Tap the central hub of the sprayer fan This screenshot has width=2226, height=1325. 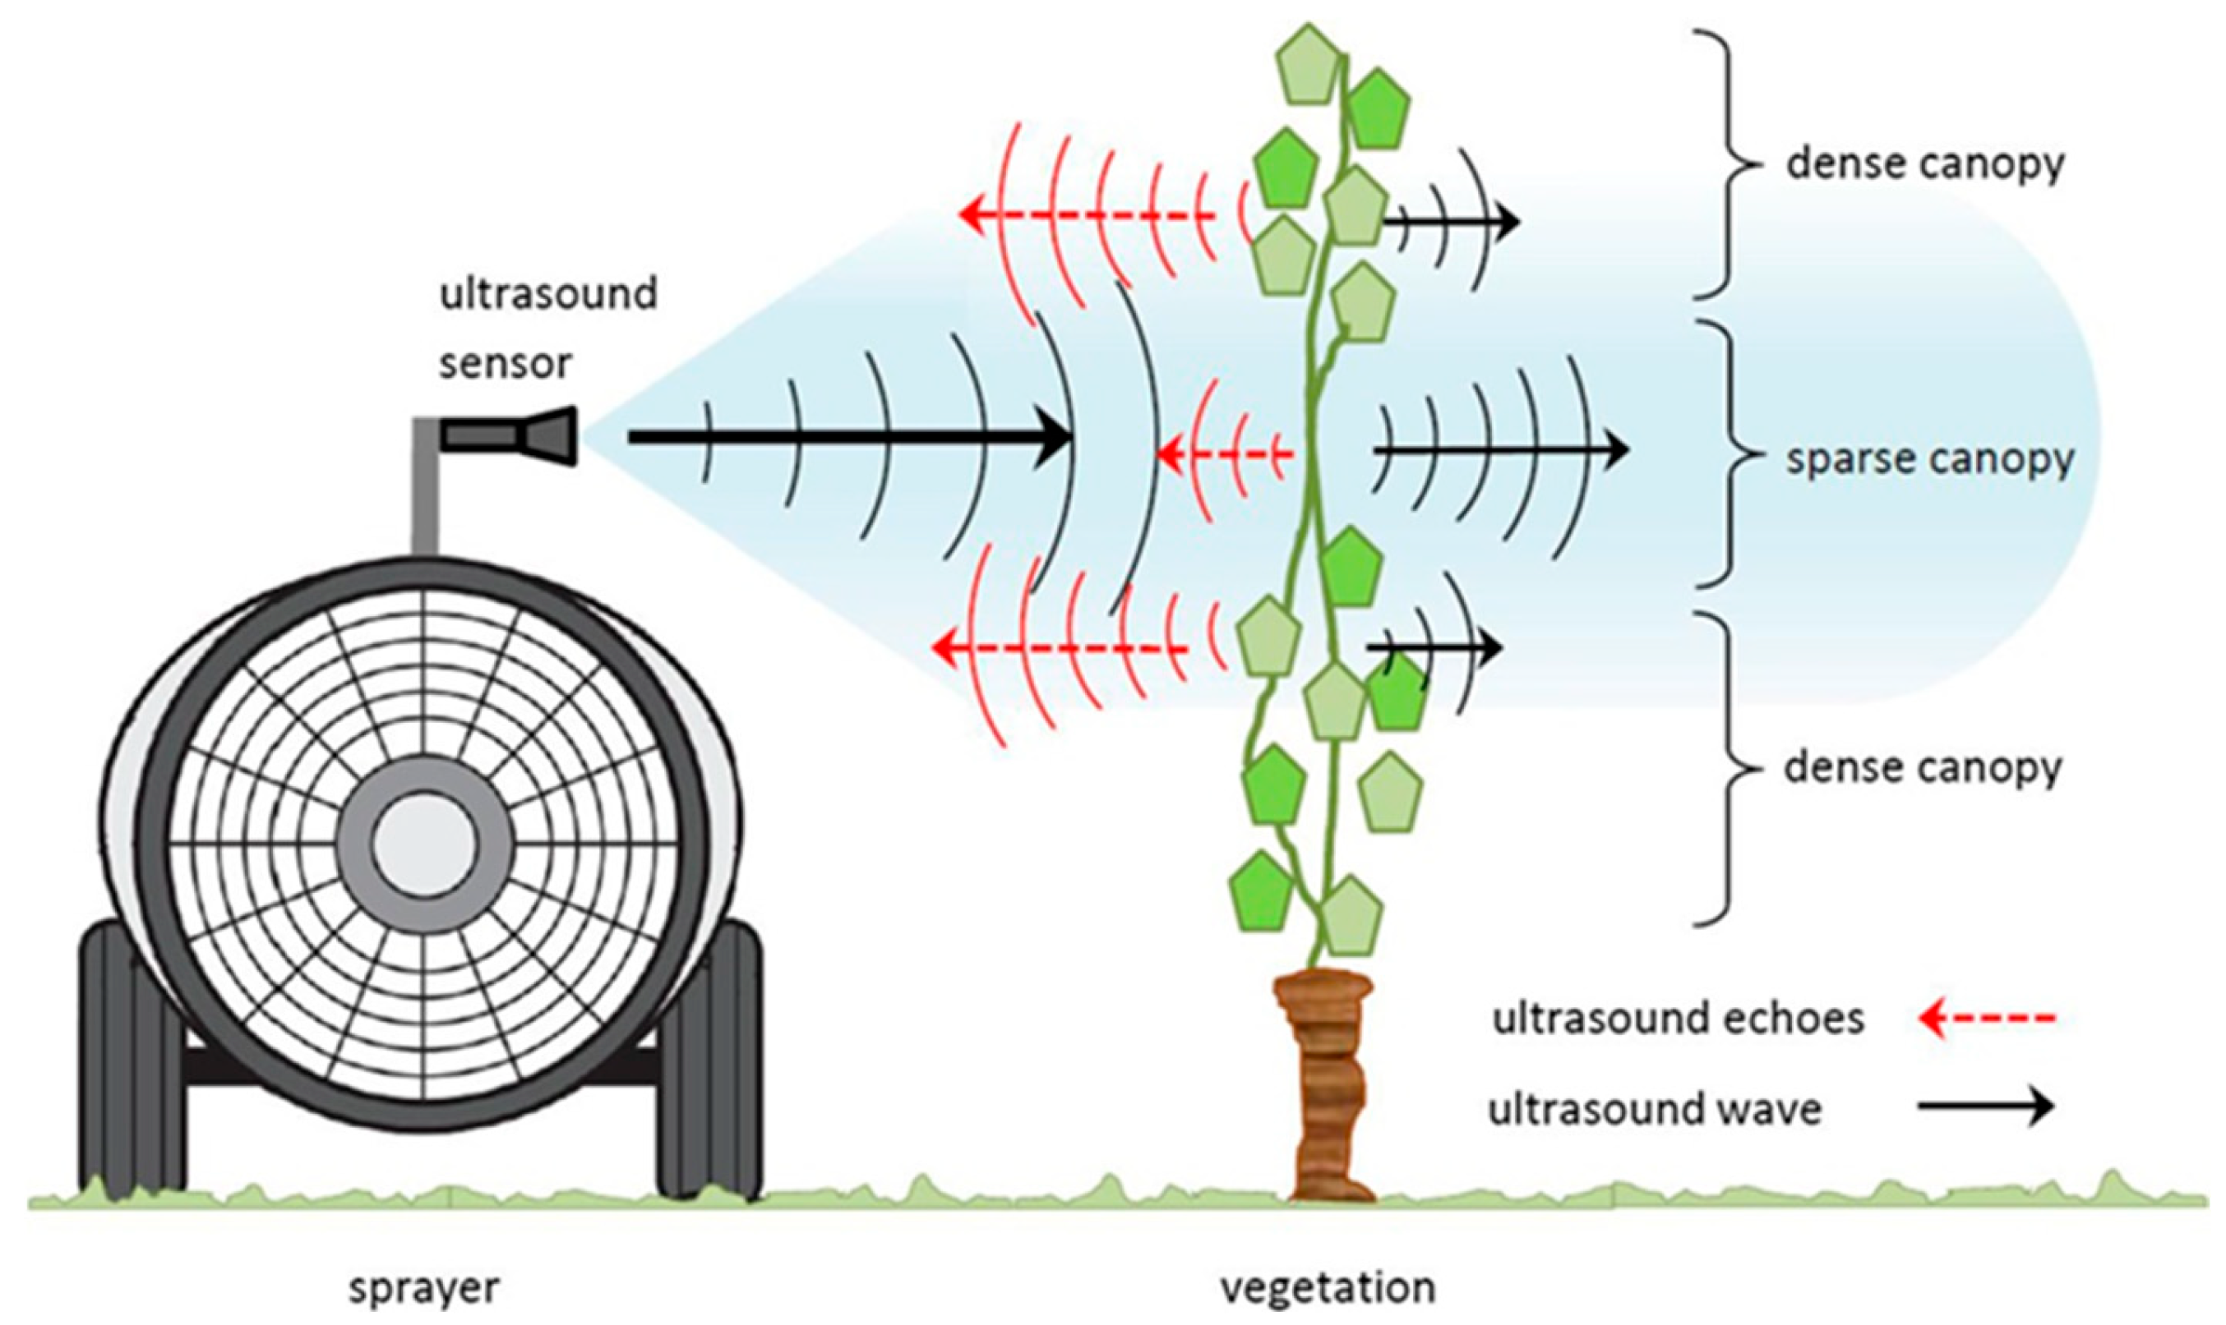425,846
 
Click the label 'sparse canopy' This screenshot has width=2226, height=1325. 1929,459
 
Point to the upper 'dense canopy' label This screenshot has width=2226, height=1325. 1925,163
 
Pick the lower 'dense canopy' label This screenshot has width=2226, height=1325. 1923,768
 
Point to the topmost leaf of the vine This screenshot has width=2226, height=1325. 1310,62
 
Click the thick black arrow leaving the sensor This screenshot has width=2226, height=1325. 848,437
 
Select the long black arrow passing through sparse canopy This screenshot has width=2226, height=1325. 1501,452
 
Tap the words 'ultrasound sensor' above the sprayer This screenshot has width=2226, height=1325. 547,328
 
